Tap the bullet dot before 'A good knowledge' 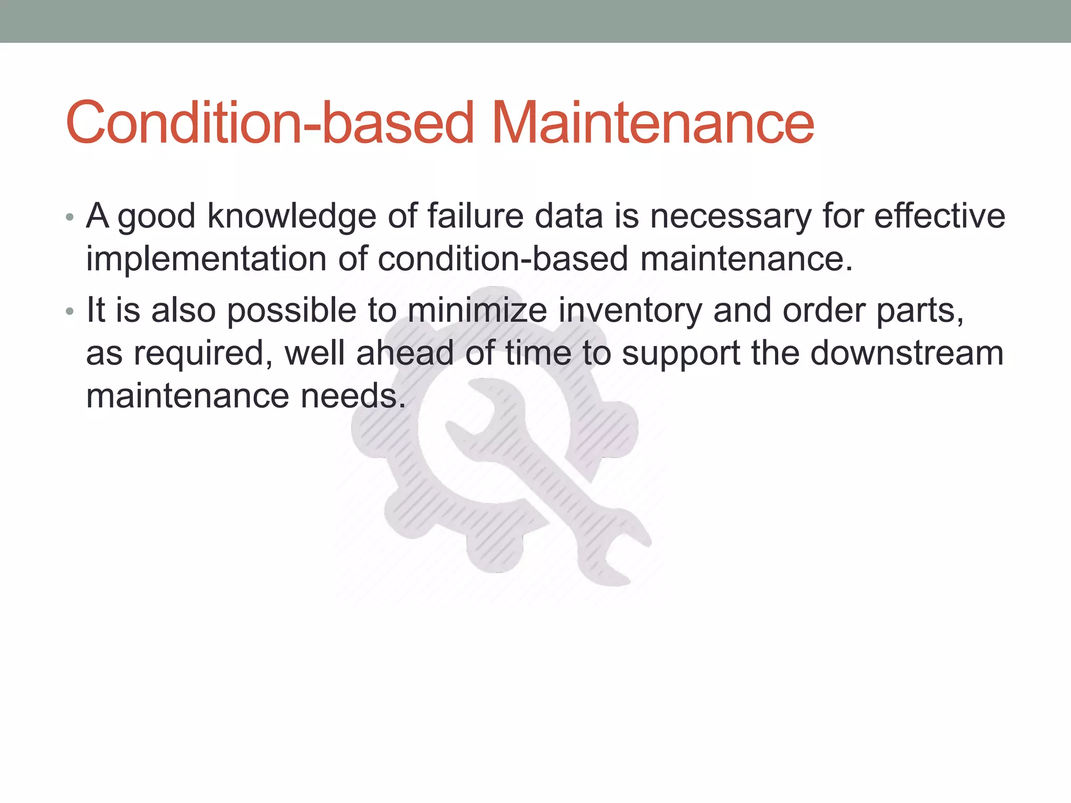pyautogui.click(x=70, y=217)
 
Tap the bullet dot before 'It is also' pyautogui.click(x=70, y=312)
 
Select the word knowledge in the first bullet pyautogui.click(x=291, y=216)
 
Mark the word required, pyautogui.click(x=203, y=354)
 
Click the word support pyautogui.click(x=680, y=354)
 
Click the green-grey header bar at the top pyautogui.click(x=535, y=21)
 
